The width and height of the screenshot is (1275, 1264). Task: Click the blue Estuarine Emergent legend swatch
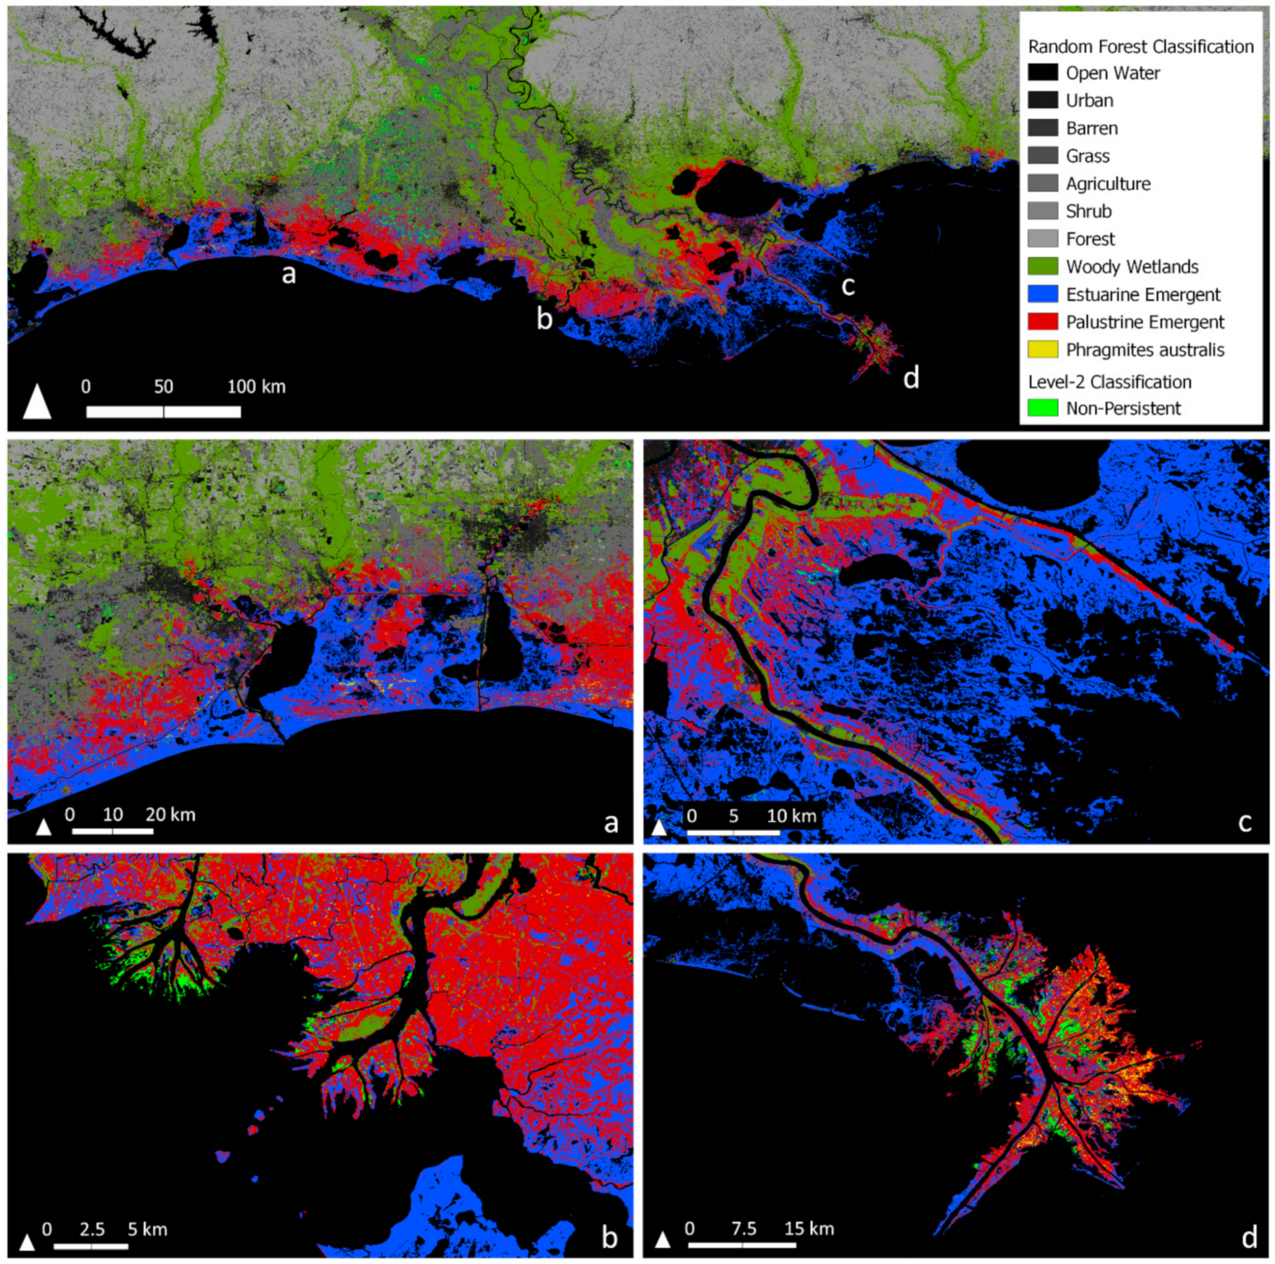tap(1043, 294)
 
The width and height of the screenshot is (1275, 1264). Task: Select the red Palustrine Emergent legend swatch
tap(1043, 321)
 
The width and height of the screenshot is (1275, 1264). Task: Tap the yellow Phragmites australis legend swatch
tap(1043, 349)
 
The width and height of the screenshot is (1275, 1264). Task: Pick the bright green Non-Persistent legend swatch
tap(1043, 407)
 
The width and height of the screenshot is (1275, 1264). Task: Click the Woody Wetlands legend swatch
tap(1043, 266)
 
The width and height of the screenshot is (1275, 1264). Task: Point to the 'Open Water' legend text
tap(1113, 73)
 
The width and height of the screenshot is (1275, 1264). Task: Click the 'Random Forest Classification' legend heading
tap(1140, 46)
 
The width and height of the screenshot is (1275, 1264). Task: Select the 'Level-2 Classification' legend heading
tap(1109, 382)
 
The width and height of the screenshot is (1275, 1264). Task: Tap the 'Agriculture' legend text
tap(1108, 183)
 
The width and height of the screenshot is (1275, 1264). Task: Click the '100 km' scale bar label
tap(256, 386)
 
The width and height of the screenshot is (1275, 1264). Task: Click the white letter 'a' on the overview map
tap(289, 273)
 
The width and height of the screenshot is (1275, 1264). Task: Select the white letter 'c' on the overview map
tap(848, 285)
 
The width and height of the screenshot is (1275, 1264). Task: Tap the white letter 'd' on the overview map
tap(911, 378)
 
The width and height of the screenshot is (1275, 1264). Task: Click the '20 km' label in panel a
tap(170, 814)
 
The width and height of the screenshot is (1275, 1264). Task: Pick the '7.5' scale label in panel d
tap(743, 1228)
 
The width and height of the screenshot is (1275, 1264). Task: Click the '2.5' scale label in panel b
tap(92, 1229)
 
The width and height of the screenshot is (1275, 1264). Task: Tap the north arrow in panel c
tap(659, 827)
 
